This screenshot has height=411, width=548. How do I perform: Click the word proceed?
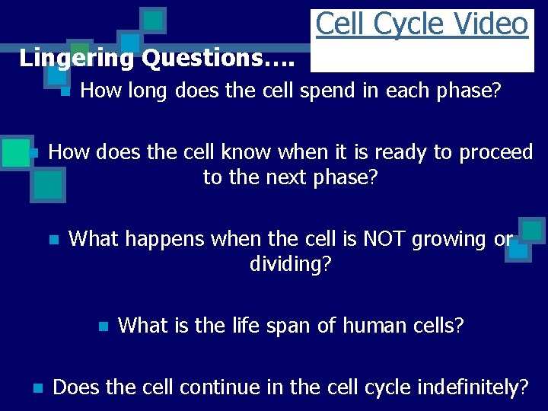click(496, 152)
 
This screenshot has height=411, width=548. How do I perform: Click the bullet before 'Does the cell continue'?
click(37, 388)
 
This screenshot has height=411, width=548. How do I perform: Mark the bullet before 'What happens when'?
click(53, 240)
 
